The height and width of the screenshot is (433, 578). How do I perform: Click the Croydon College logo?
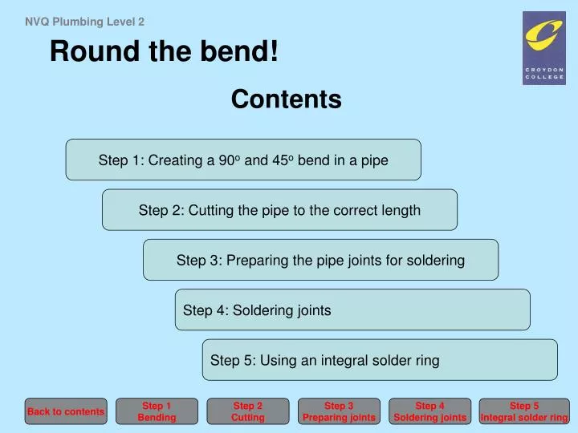click(543, 47)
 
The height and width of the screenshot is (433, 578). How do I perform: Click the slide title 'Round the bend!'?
click(165, 53)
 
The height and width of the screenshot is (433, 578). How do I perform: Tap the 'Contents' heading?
click(286, 99)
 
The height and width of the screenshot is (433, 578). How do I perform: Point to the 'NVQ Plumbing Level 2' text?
click(84, 22)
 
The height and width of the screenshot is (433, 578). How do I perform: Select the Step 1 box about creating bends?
click(243, 160)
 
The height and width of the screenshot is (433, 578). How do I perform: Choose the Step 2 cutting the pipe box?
click(279, 210)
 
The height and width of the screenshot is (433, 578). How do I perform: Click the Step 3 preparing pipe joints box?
click(320, 260)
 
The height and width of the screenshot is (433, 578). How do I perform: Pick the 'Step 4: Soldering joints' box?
click(352, 310)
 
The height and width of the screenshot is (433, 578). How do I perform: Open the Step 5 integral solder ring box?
click(380, 360)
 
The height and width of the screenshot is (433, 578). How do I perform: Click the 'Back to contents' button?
click(66, 411)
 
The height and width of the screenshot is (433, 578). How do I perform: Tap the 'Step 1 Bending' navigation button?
click(157, 411)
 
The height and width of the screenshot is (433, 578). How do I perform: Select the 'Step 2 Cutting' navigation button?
click(247, 411)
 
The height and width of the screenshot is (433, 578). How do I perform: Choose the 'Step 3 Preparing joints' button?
click(339, 411)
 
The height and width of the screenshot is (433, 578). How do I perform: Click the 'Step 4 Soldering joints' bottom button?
click(429, 411)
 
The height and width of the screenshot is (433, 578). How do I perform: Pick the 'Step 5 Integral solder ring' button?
click(524, 411)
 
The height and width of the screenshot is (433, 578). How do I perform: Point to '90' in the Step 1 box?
click(226, 160)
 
